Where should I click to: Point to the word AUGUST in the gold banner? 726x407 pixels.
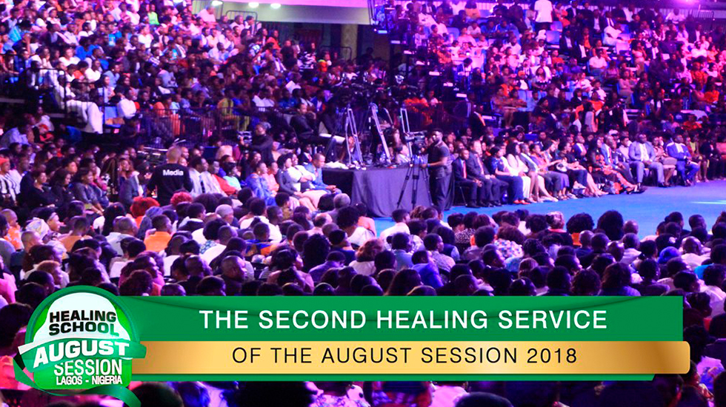click(x=367, y=356)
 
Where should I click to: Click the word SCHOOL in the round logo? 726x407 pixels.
click(x=83, y=329)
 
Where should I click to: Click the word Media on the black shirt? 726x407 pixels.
click(x=173, y=172)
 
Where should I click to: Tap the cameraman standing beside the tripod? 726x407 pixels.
click(x=438, y=169)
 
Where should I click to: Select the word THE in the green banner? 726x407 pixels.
click(x=224, y=320)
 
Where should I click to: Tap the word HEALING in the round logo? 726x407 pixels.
click(x=77, y=317)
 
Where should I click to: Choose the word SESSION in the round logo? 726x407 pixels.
click(x=88, y=368)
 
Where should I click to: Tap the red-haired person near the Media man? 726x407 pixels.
click(x=144, y=206)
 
